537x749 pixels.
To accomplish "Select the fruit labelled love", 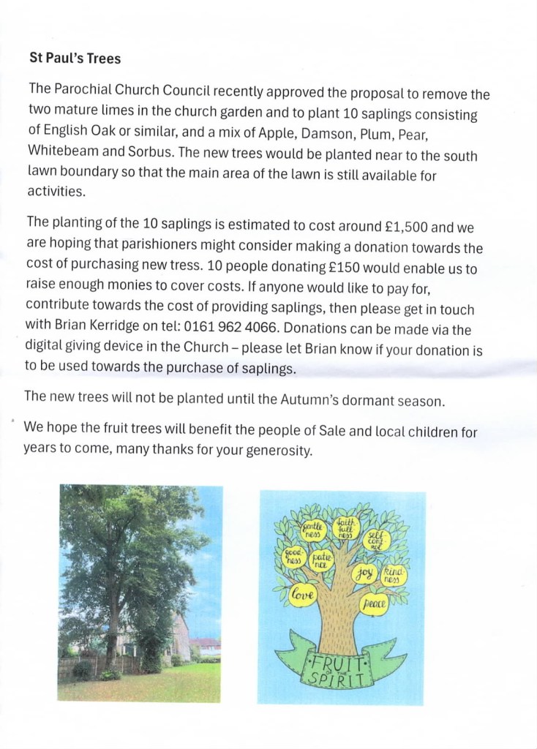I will pos(303,596).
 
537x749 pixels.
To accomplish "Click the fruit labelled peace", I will pos(373,603).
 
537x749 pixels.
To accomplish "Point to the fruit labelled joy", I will pos(364,573).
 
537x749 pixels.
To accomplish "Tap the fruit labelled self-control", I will pos(377,541).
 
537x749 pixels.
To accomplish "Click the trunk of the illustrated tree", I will pos(339,614).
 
